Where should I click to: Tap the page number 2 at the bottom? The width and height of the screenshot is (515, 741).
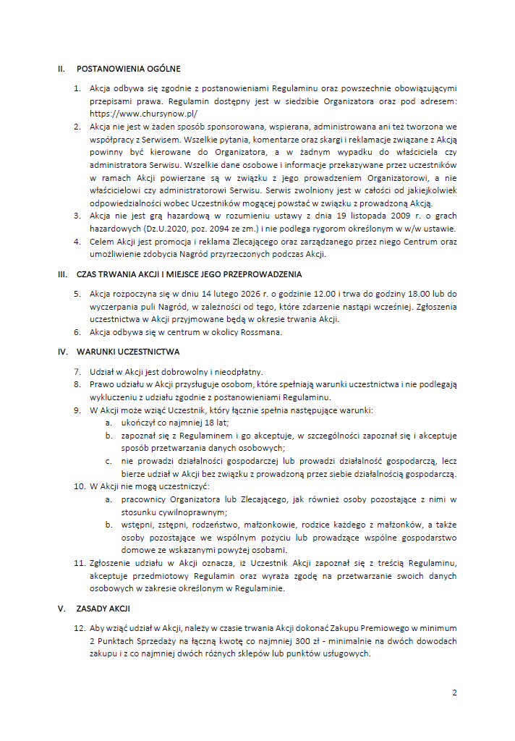click(455, 693)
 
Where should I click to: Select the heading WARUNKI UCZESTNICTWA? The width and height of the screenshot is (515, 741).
click(128, 352)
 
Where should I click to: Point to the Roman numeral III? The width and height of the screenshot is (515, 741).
click(63, 275)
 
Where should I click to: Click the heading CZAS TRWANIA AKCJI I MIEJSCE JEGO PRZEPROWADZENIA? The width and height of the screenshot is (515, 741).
click(190, 275)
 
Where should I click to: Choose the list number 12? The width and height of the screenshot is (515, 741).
click(80, 628)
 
